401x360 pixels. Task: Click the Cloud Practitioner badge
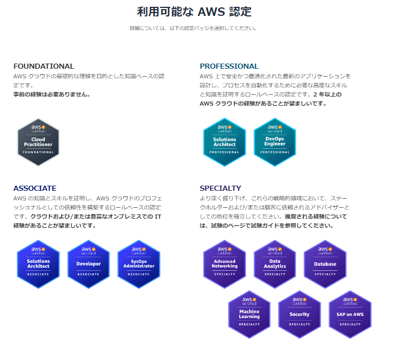tap(38, 142)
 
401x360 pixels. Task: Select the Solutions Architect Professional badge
tap(224, 142)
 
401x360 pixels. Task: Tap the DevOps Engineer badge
tap(275, 142)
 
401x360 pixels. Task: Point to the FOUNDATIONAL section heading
tap(44, 66)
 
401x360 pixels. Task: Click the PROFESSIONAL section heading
tap(229, 66)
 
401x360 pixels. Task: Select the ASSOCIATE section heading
tap(35, 188)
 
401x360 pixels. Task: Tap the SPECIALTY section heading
tap(220, 188)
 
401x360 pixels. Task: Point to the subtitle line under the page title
tap(193, 28)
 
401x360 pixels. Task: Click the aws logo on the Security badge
tap(299, 300)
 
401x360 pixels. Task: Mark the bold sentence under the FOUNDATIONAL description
tap(52, 94)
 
